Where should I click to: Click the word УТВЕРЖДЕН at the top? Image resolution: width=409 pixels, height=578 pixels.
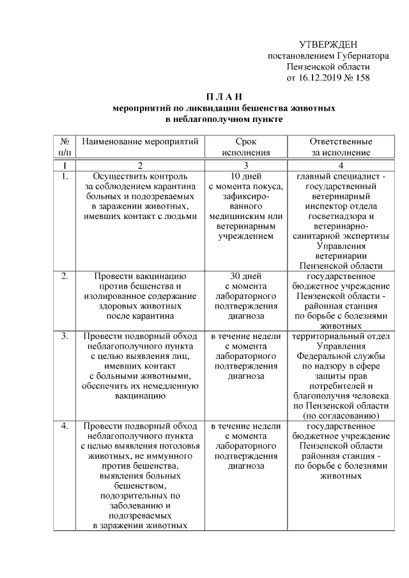328,45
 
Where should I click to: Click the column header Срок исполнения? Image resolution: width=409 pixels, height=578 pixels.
245,146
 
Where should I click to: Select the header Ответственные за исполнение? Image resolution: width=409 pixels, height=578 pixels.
341,146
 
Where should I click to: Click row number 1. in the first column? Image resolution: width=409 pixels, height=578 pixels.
65,176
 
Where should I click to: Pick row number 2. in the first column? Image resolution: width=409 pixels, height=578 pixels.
65,276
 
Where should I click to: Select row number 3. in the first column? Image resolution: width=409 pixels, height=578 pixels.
65,335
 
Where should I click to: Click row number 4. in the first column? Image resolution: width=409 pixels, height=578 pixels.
65,425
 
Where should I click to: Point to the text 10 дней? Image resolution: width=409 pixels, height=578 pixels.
245,176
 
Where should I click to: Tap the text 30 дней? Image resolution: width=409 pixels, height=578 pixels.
245,276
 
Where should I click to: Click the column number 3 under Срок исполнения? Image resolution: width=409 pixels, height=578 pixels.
245,165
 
